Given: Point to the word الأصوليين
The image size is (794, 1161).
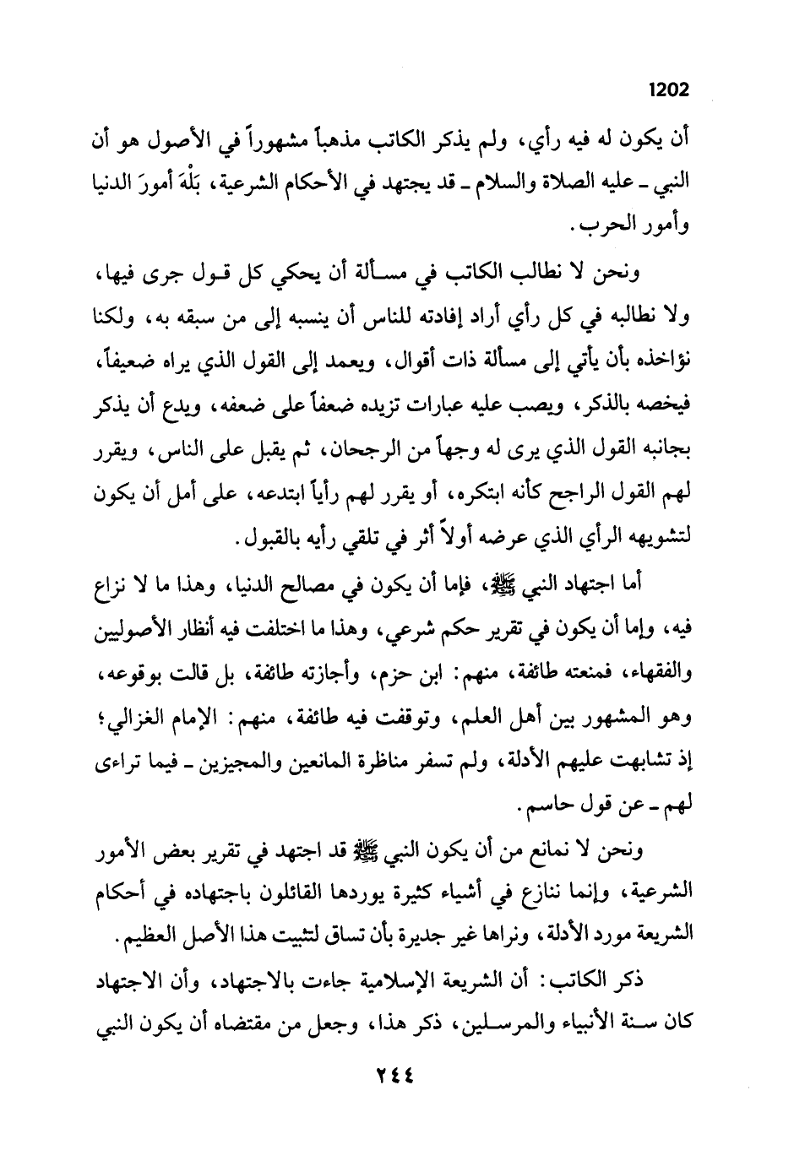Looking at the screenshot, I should (146, 629).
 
